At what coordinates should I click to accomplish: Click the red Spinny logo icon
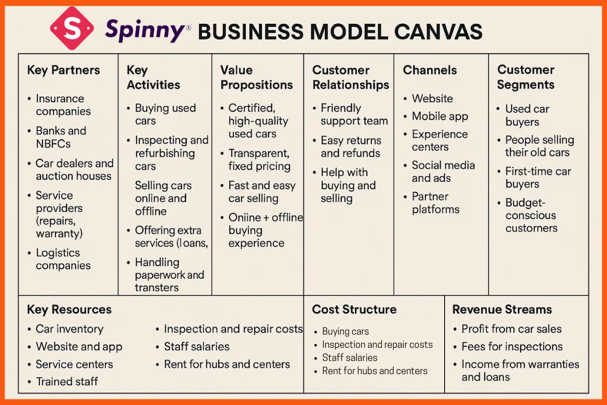click(x=72, y=28)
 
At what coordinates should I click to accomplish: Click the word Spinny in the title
click(x=145, y=30)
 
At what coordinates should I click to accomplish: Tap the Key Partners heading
click(x=63, y=70)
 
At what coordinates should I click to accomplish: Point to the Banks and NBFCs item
click(x=61, y=137)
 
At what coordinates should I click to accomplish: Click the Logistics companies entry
click(x=63, y=259)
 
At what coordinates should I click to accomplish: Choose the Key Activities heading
click(x=153, y=77)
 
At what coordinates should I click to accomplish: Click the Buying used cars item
click(x=165, y=114)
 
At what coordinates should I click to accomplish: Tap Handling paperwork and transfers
click(x=169, y=275)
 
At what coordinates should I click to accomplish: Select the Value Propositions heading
click(x=256, y=77)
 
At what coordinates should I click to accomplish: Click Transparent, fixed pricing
click(x=259, y=159)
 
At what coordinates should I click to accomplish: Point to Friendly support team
click(x=354, y=114)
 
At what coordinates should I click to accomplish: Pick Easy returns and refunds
click(x=351, y=147)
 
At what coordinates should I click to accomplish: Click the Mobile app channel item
click(x=440, y=116)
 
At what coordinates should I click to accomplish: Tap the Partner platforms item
click(x=435, y=203)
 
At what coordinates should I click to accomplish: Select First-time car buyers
click(x=538, y=178)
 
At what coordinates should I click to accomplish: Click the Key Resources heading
click(x=69, y=309)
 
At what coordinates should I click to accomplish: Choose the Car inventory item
click(x=69, y=329)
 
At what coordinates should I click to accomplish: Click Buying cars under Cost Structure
click(x=345, y=332)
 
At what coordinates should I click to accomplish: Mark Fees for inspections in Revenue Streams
click(x=512, y=347)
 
